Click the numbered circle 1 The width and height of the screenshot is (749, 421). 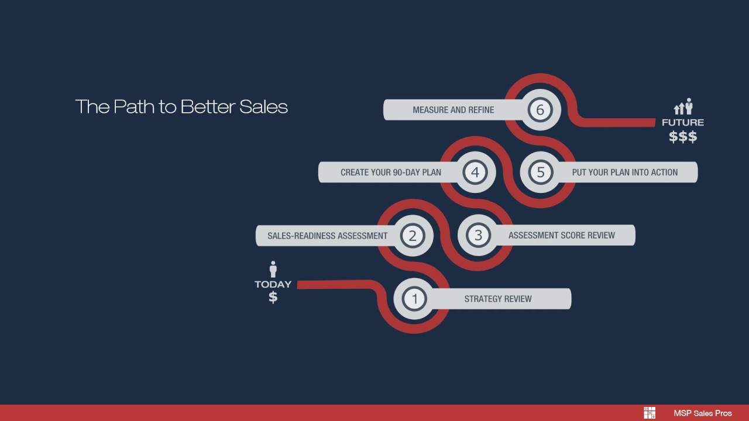click(415, 299)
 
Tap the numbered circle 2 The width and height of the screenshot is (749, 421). click(413, 236)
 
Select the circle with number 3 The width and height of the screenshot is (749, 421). click(478, 235)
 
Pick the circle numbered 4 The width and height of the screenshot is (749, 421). click(475, 172)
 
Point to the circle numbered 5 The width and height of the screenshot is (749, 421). click(541, 172)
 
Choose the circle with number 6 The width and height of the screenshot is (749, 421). click(540, 109)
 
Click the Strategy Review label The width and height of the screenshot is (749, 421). click(498, 299)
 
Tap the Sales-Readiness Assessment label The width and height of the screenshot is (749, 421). click(327, 236)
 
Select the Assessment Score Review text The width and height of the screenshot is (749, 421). click(561, 235)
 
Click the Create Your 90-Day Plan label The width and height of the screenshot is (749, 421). click(390, 172)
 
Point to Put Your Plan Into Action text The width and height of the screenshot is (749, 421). click(624, 172)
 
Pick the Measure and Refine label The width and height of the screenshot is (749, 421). click(453, 109)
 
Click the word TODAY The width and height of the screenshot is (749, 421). click(273, 284)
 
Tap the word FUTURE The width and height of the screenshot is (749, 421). click(683, 123)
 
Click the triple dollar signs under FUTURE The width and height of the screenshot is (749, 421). click(683, 137)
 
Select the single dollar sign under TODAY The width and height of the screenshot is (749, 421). click(273, 297)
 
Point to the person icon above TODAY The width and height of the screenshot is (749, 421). click(273, 269)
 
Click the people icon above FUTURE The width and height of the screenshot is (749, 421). click(683, 107)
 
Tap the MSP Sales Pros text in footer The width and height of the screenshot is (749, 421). click(702, 413)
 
